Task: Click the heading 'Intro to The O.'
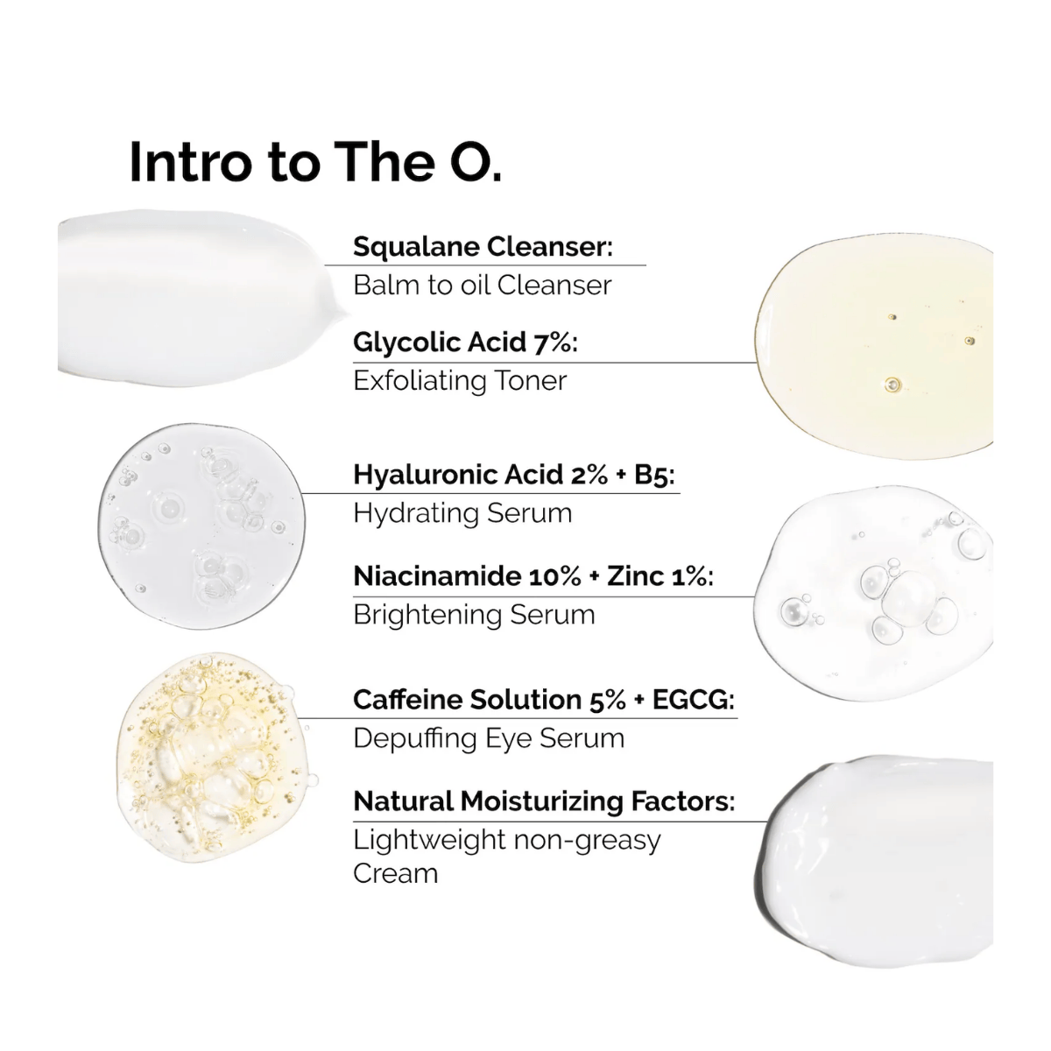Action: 315,162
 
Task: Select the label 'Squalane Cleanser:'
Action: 483,246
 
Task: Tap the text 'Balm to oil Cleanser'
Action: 482,285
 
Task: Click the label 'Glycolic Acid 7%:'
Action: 465,342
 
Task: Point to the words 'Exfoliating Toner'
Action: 460,380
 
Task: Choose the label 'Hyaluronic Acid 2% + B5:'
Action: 514,474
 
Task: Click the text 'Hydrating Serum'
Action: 462,512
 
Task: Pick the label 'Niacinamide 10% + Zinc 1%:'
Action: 533,575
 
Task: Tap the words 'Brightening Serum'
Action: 474,614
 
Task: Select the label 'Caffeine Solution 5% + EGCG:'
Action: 543,699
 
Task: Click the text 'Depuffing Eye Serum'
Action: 489,737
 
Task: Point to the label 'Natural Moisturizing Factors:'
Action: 543,801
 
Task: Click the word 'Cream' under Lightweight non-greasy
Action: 395,873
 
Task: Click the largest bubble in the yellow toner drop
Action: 892,384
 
